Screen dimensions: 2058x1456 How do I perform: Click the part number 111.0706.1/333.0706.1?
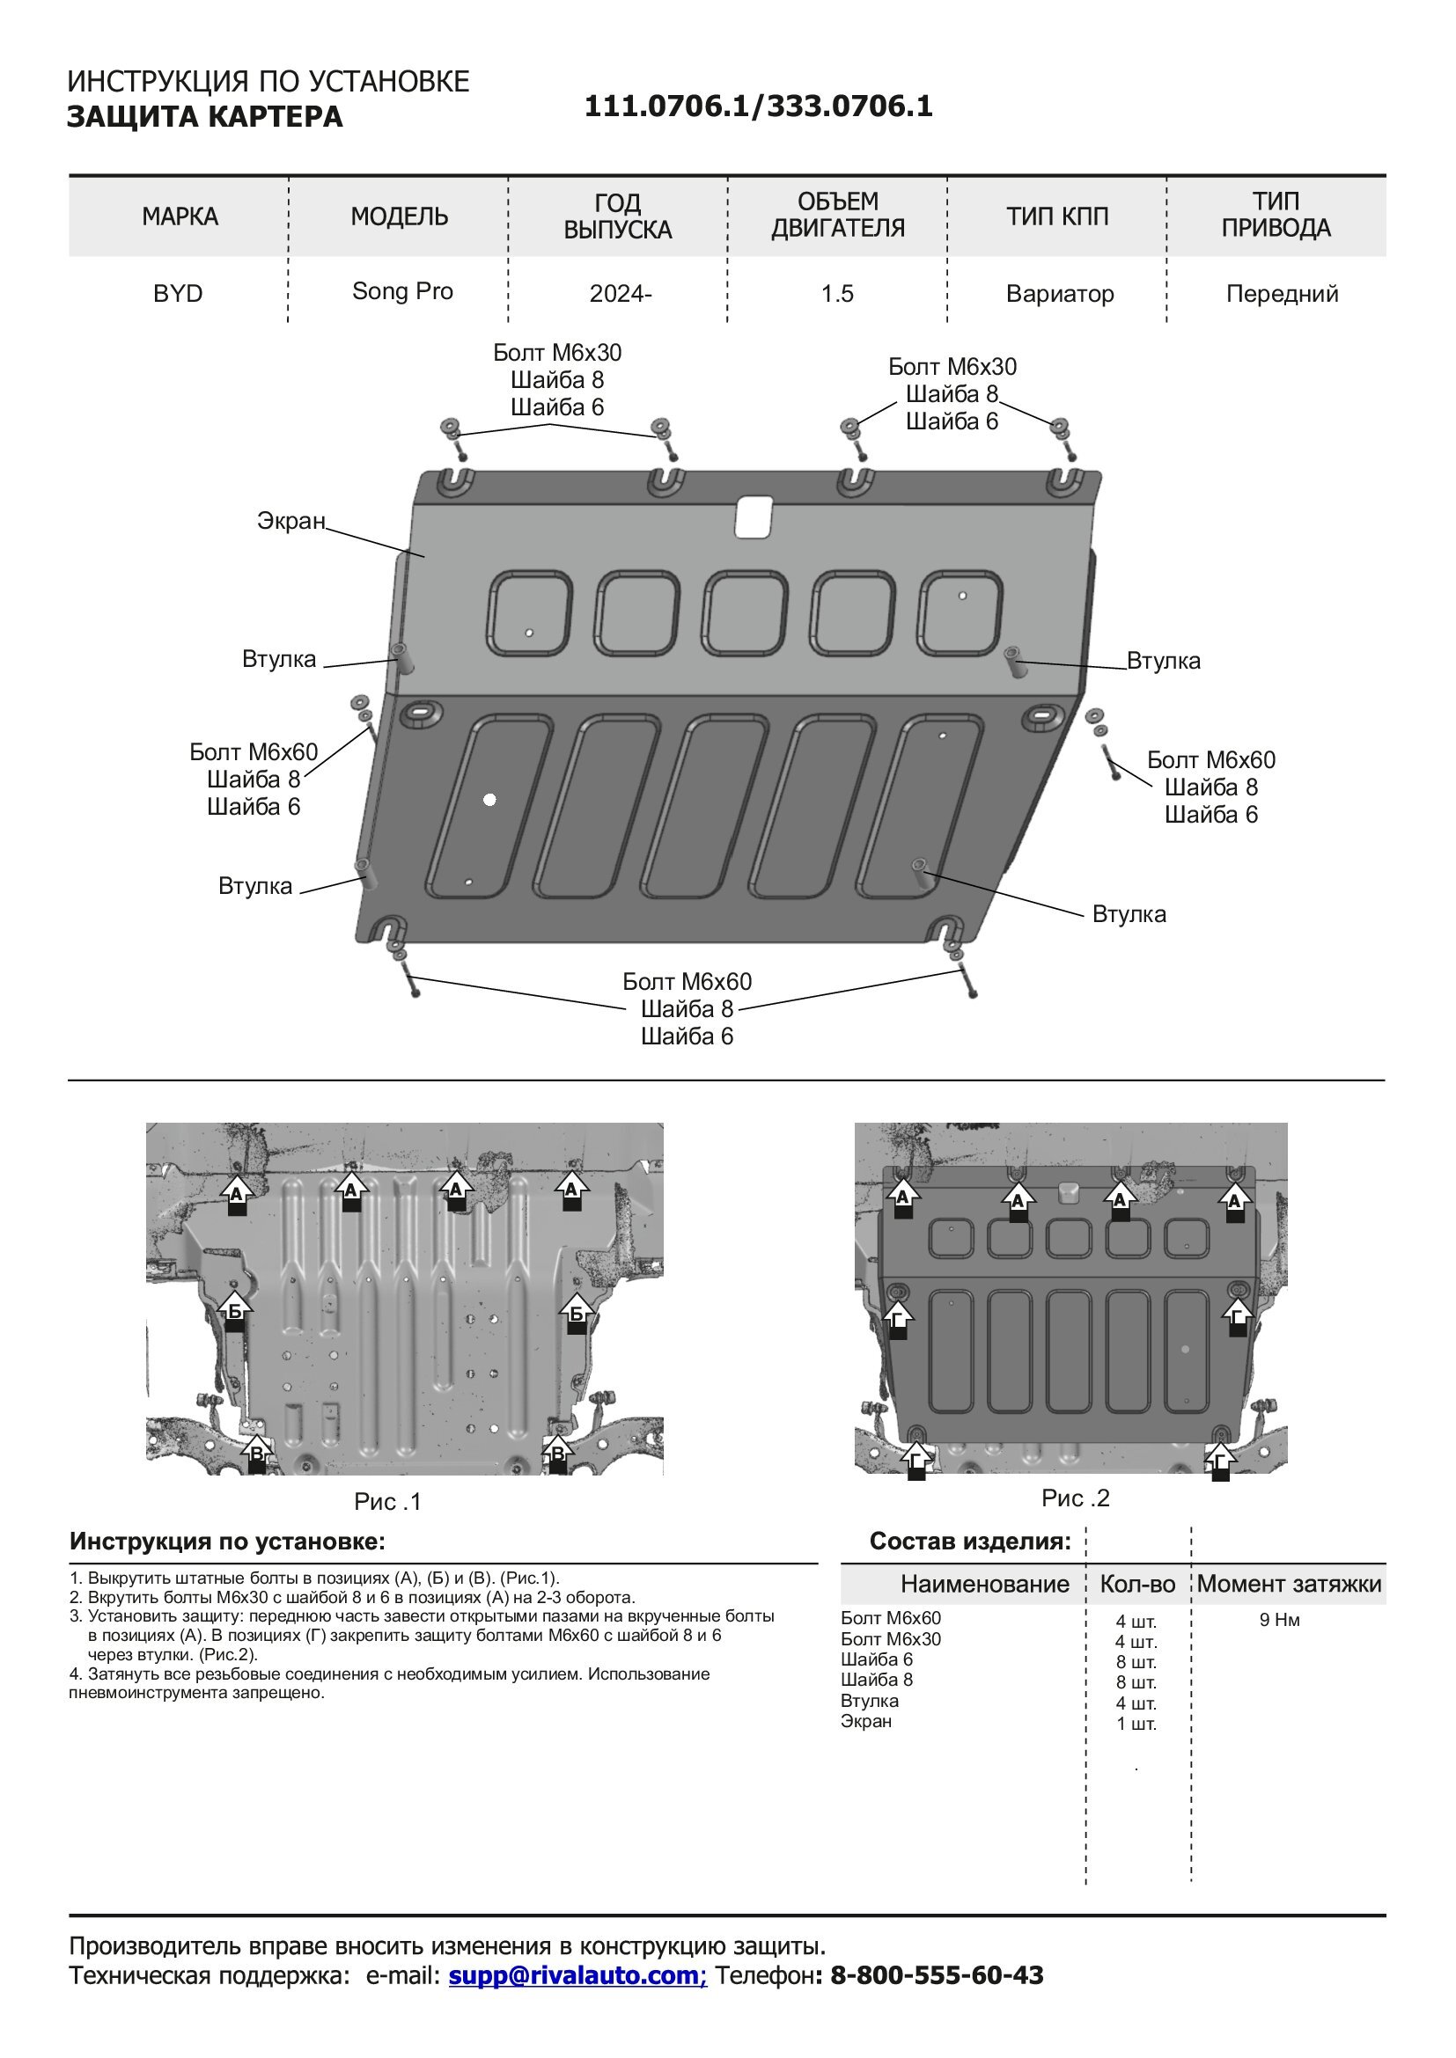click(x=759, y=106)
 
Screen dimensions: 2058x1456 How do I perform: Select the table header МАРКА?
click(x=180, y=216)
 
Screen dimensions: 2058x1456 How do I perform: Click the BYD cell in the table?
click(x=178, y=294)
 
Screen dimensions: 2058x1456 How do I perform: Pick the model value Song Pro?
click(x=402, y=291)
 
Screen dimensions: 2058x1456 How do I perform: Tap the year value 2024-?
click(x=621, y=294)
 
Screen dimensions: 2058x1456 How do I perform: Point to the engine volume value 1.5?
click(x=837, y=294)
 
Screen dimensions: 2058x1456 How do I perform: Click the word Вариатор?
click(x=1060, y=294)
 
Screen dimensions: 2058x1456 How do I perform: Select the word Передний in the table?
click(x=1281, y=294)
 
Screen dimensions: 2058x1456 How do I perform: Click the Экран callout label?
click(x=290, y=521)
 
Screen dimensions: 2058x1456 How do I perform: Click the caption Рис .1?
click(x=387, y=1501)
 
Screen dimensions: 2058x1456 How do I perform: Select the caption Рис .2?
click(x=1075, y=1498)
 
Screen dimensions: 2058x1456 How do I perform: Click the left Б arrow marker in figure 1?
click(x=234, y=1312)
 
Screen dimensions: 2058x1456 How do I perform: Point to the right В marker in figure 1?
click(x=557, y=1454)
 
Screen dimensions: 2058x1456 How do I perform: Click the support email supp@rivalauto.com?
click(x=577, y=1974)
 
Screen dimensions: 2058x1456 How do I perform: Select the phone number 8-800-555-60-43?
click(x=937, y=1974)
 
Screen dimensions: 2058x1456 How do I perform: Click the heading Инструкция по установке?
click(x=228, y=1542)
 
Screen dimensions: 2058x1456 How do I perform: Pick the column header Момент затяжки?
click(x=1289, y=1584)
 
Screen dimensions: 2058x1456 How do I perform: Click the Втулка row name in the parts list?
click(x=869, y=1701)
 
